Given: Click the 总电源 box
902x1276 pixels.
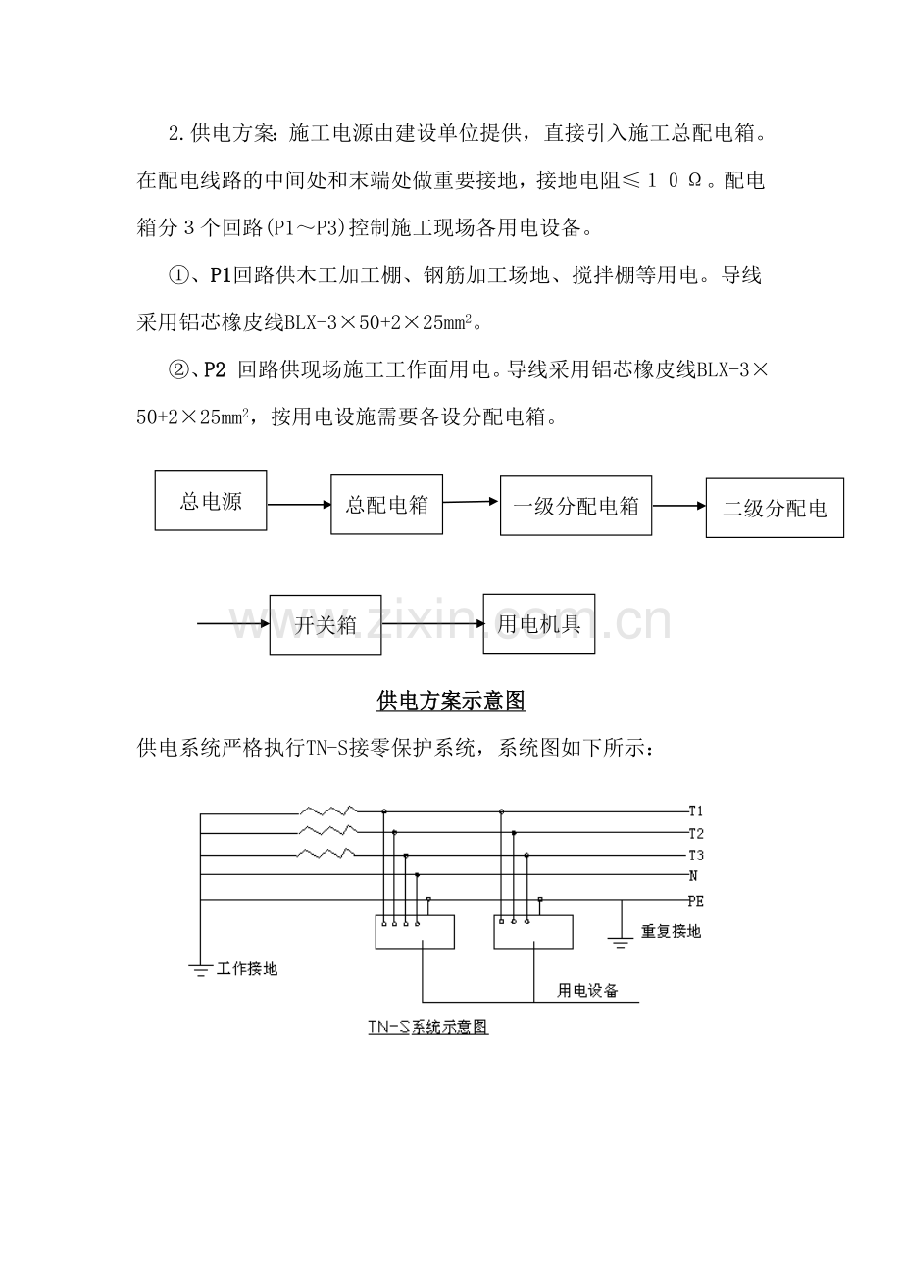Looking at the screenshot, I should tap(211, 501).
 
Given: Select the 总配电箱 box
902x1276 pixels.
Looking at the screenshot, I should tap(387, 505).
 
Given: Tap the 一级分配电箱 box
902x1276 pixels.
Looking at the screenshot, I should tap(576, 506).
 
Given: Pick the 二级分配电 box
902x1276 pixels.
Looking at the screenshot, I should tap(775, 509).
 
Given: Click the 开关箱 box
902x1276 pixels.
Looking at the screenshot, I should tap(326, 624).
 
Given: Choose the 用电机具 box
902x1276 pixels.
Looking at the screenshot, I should tap(539, 624).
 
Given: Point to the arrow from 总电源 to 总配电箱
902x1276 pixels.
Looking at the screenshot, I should tap(298, 505).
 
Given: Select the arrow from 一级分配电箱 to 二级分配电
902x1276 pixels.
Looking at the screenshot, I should tap(678, 506).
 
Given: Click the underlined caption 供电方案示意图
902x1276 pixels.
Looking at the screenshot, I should tap(451, 701).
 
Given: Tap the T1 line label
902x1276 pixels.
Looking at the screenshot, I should tap(696, 811).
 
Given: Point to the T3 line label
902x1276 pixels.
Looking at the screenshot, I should tap(696, 855).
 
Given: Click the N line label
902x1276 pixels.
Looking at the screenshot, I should tap(693, 875).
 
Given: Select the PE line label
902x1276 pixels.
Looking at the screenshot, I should tap(696, 899).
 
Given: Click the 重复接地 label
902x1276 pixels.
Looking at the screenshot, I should tap(671, 931).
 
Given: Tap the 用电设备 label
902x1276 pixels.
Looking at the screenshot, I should tap(588, 990).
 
